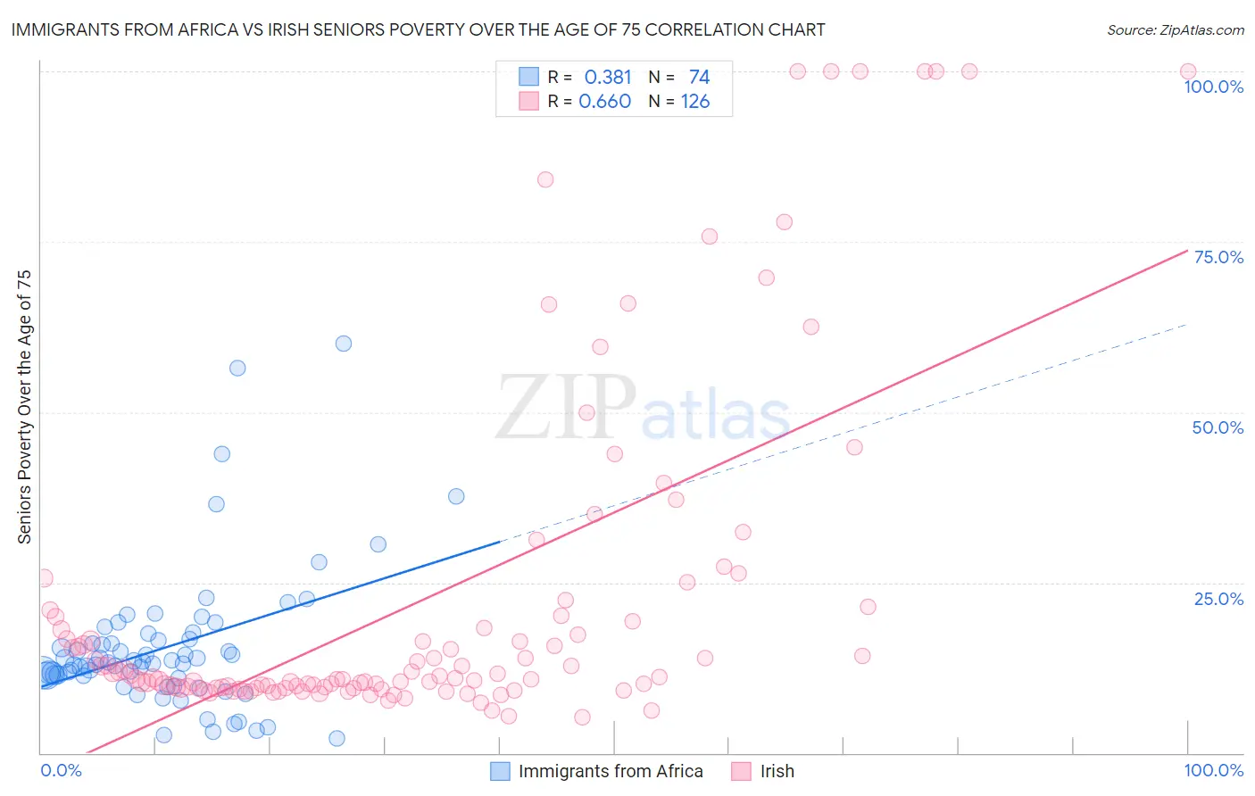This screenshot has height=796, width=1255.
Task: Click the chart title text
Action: [x=418, y=29]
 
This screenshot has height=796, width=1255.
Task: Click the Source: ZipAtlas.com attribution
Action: [x=1175, y=29]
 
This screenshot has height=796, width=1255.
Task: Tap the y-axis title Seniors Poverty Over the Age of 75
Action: [x=24, y=406]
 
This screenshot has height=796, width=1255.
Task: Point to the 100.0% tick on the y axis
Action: [x=1213, y=87]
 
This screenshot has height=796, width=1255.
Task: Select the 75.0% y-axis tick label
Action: [x=1218, y=257]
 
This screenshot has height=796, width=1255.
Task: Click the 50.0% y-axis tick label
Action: [x=1218, y=427]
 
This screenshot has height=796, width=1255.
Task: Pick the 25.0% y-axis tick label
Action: [x=1218, y=598]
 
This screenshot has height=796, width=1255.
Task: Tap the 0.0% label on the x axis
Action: [x=61, y=770]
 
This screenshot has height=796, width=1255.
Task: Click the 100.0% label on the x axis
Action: [x=1213, y=770]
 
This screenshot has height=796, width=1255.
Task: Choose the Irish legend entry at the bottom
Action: [x=777, y=771]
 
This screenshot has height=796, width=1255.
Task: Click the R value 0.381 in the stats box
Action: [x=607, y=78]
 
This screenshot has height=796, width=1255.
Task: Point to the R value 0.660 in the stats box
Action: [x=604, y=102]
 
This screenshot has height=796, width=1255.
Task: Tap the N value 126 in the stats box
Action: [x=695, y=102]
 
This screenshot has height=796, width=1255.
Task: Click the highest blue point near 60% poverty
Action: [x=343, y=344]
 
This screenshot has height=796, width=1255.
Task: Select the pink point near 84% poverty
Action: [x=545, y=179]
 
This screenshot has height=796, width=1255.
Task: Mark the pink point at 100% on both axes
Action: [x=1187, y=71]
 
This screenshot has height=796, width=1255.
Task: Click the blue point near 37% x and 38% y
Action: [x=456, y=496]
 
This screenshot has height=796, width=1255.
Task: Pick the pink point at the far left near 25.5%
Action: [x=45, y=578]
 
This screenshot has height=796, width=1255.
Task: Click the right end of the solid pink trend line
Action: [x=1186, y=251]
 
